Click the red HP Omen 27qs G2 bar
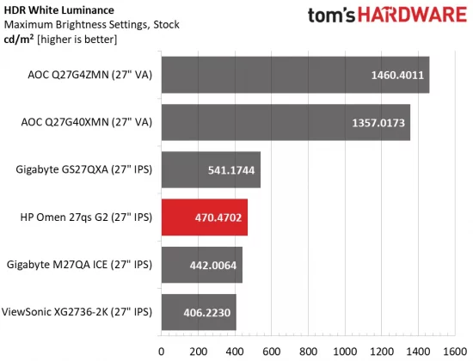point(204,217)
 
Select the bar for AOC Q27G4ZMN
point(294,75)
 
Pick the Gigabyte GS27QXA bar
point(210,169)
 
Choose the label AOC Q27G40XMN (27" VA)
point(86,122)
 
